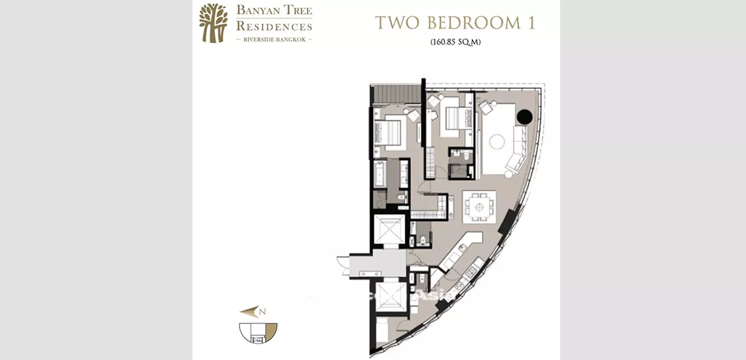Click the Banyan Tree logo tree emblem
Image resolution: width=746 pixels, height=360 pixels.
213,23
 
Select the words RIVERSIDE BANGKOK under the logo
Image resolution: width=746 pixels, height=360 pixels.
274,40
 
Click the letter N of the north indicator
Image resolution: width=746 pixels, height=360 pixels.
262,312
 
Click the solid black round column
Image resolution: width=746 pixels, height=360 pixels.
524,118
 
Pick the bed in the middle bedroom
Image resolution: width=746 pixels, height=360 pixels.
454,118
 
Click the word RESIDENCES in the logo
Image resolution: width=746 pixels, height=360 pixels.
273,27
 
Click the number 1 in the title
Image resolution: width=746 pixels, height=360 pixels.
531,23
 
